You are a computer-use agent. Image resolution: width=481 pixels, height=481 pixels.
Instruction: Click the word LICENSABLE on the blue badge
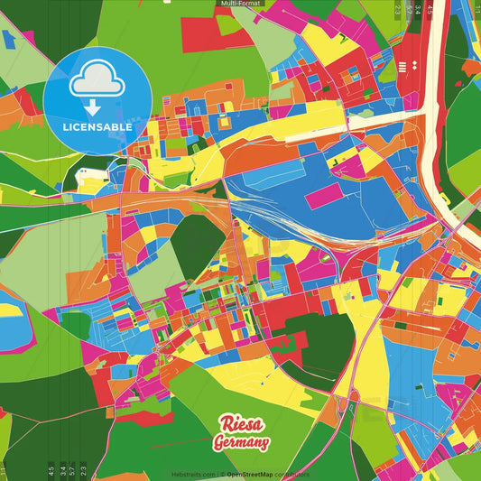coord(97,127)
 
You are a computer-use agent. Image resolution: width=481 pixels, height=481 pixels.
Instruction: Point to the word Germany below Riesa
coord(241,443)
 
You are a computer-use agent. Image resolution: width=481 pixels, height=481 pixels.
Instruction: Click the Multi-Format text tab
coord(240,4)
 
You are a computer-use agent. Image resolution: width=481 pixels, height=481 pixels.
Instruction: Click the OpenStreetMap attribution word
coord(253,474)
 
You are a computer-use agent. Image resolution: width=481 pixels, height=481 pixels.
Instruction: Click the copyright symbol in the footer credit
coord(221,474)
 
